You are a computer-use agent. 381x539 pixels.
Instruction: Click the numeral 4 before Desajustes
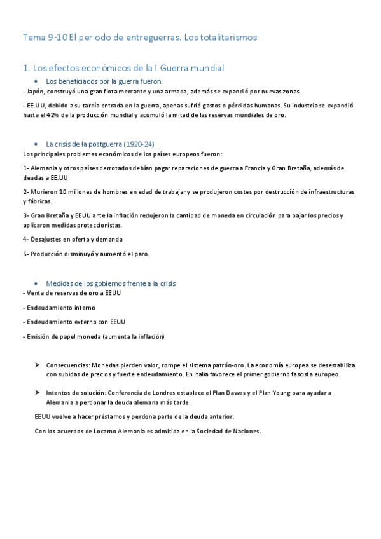24,239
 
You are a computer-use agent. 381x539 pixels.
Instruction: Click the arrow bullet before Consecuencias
38,365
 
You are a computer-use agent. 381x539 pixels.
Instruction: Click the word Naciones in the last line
245,432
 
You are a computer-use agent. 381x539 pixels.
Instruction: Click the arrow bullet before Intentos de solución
38,393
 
